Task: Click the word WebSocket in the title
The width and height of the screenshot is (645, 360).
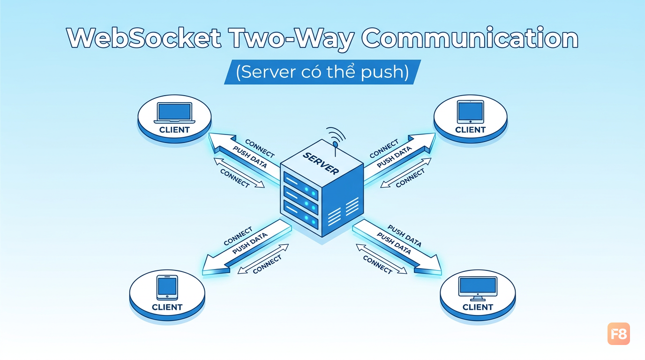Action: (144, 38)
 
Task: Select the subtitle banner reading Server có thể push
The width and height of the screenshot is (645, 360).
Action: (322, 72)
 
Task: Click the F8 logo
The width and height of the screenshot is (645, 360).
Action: (618, 334)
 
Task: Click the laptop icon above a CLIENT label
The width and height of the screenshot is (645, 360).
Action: (174, 113)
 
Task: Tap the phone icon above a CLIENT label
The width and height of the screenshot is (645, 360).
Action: (167, 288)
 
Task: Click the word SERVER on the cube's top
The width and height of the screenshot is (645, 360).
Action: (321, 163)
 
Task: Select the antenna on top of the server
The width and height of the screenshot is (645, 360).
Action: (336, 142)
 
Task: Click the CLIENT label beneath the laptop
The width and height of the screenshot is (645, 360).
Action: (174, 130)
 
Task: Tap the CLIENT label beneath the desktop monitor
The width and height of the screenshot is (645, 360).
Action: (478, 307)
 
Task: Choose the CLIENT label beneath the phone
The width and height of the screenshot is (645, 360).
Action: (167, 307)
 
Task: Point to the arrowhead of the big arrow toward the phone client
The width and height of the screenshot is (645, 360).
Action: (216, 264)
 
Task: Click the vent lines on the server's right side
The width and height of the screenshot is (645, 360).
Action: (343, 212)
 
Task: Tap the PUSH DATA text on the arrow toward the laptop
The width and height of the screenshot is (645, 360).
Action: (250, 157)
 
